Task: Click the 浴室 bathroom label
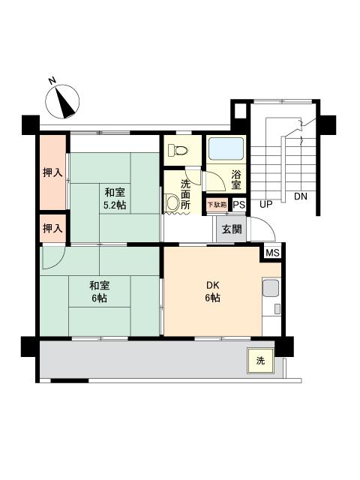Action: (x=235, y=180)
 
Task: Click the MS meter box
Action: (x=271, y=253)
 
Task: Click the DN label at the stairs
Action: (x=301, y=197)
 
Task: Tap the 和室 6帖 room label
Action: (x=100, y=292)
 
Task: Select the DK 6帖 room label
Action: (x=213, y=292)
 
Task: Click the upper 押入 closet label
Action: (x=52, y=172)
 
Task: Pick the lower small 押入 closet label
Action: (x=52, y=227)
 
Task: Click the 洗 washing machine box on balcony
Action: (x=260, y=361)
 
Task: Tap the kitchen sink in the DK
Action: (x=270, y=288)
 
